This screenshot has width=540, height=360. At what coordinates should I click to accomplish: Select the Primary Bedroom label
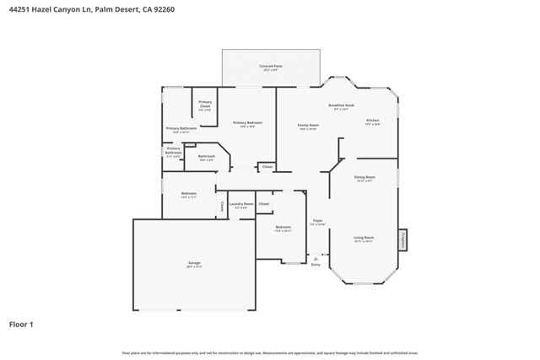pyautogui.click(x=248, y=123)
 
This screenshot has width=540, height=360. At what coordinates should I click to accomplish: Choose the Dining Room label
pyautogui.click(x=364, y=177)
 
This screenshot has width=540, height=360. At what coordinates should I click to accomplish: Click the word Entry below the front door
pyautogui.click(x=316, y=265)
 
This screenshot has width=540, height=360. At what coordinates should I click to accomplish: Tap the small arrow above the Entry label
pyautogui.click(x=316, y=258)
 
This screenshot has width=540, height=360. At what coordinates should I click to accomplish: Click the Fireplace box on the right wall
pyautogui.click(x=402, y=239)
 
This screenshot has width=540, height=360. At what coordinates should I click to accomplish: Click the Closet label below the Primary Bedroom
pyautogui.click(x=267, y=167)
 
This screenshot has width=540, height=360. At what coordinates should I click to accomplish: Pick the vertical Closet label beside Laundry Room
pyautogui.click(x=222, y=205)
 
